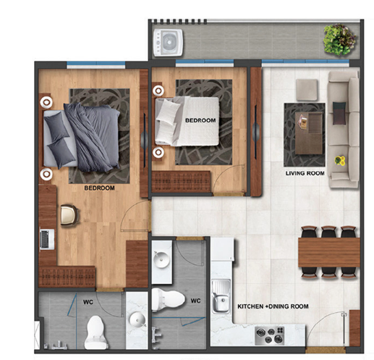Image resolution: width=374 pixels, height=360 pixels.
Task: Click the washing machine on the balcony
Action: coord(168,43)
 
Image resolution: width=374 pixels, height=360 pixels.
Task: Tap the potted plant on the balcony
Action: coord(339,39)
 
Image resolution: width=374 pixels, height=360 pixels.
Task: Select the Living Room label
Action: coord(305,173)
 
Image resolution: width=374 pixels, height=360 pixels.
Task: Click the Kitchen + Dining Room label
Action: coord(273,306)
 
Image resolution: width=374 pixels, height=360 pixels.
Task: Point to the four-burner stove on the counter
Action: coord(270,335)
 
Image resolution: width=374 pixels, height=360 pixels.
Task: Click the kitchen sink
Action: coord(221,296)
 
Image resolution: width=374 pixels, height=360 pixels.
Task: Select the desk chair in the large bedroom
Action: coord(69,215)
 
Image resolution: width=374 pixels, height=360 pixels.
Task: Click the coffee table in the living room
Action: coord(309,133)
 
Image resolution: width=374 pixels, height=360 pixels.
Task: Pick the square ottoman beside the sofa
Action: coord(307,90)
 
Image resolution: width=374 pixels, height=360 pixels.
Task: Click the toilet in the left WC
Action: coord(96,332)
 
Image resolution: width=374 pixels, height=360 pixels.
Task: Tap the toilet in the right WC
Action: coord(168,299)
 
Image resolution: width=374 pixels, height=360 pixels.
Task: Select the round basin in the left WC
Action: coord(137,319)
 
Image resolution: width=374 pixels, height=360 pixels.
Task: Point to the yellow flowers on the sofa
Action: coord(340,160)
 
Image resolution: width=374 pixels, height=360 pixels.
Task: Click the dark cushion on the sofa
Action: coord(339,113)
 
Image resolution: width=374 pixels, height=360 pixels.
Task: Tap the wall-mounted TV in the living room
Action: coord(255,132)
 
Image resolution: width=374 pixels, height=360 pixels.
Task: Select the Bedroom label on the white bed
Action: coord(200,120)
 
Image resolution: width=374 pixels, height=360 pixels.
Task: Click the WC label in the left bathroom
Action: coord(88,302)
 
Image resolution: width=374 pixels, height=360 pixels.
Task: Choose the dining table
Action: coord(329,252)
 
